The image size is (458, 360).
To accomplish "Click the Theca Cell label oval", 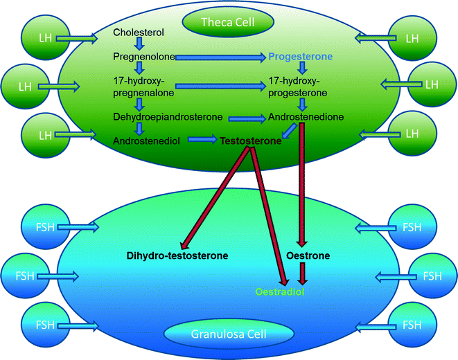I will click(x=228, y=23).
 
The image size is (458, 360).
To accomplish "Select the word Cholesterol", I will click(x=139, y=33).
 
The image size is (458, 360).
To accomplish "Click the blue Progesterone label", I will click(x=301, y=55).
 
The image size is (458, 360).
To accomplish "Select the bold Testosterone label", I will click(x=251, y=141).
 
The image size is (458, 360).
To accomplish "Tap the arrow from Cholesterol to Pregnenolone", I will click(x=139, y=44).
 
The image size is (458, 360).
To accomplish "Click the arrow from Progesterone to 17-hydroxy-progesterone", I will click(x=301, y=68).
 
